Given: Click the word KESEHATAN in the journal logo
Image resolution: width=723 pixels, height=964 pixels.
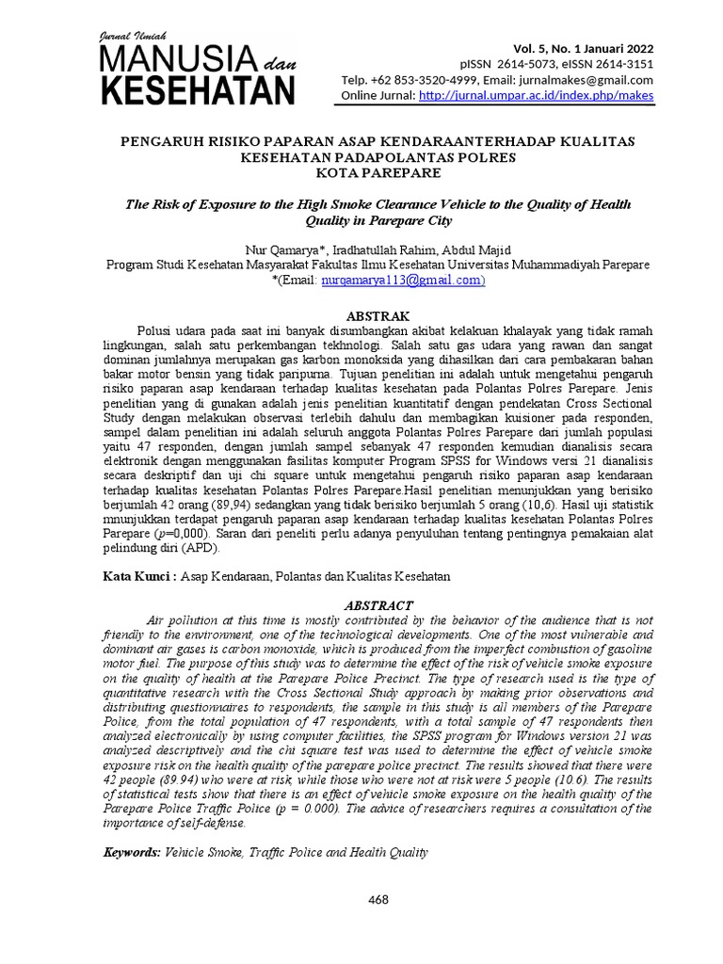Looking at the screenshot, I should tap(197, 91).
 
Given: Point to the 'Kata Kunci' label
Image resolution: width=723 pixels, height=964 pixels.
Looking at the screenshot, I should tap(136, 574).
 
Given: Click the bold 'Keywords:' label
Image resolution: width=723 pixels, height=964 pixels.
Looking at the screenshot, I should tap(131, 852).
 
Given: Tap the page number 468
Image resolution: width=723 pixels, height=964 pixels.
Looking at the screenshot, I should tap(378, 900).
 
